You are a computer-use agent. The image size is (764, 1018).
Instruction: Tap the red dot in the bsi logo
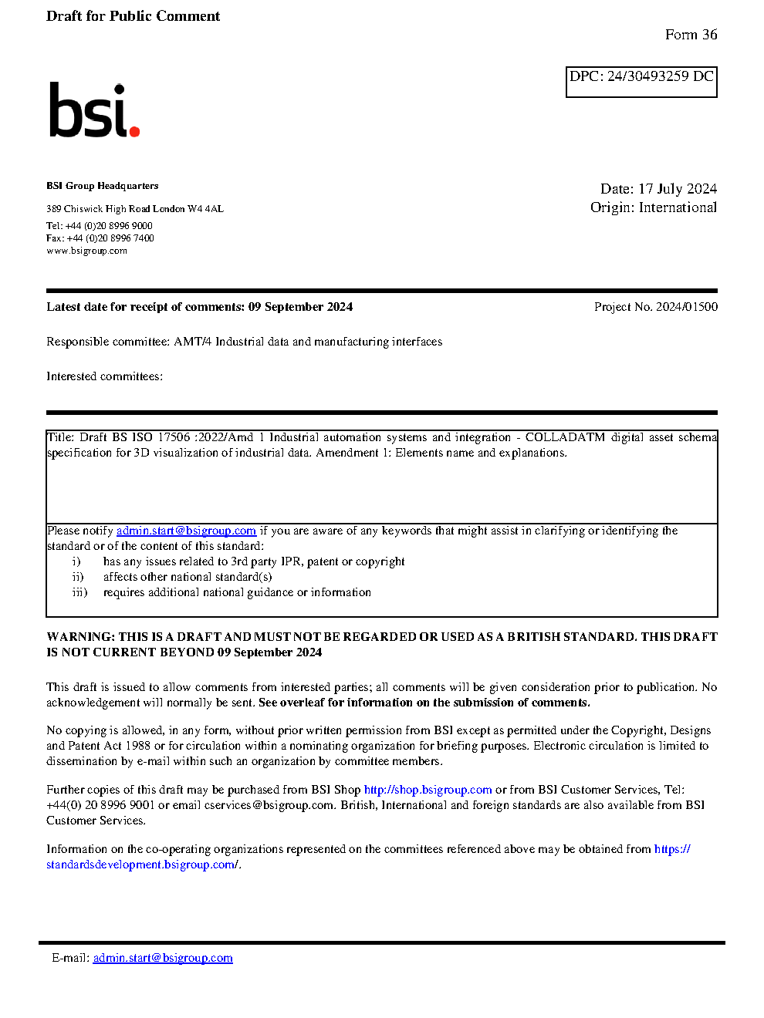[135, 132]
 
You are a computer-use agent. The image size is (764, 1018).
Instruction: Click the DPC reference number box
[641, 82]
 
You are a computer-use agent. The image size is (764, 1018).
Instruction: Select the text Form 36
[691, 35]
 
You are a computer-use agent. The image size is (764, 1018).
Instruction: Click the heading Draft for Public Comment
[133, 16]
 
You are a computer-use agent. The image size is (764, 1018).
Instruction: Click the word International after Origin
[678, 207]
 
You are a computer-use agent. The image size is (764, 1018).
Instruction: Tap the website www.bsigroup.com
[86, 251]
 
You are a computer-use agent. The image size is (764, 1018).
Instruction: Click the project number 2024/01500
[686, 307]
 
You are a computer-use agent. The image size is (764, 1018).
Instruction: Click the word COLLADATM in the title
[565, 437]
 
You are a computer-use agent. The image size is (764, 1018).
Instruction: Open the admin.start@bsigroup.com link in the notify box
[186, 531]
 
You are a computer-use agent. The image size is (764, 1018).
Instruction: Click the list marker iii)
[79, 592]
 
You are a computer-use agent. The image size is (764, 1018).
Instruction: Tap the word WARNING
[80, 637]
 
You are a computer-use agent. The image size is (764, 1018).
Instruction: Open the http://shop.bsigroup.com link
[428, 790]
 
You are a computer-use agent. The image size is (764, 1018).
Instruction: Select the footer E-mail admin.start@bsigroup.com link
[163, 958]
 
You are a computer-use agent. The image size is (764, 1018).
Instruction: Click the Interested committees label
[104, 376]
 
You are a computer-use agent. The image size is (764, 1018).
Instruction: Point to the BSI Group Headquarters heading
[103, 186]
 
